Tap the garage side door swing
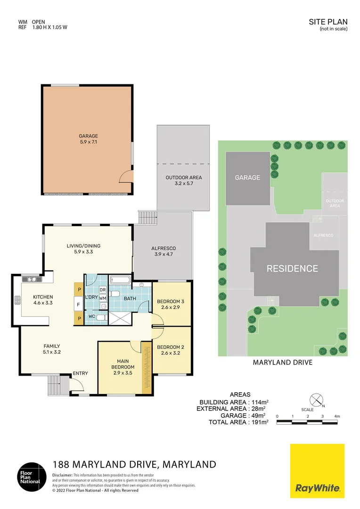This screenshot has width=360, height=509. pyautogui.click(x=126, y=177)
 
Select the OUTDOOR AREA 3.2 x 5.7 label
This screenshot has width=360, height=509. pyautogui.click(x=183, y=181)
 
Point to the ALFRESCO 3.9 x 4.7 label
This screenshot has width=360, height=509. pyautogui.click(x=163, y=251)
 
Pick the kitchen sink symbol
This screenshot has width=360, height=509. pyautogui.click(x=32, y=279)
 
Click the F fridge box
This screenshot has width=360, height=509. pyautogui.click(x=78, y=305)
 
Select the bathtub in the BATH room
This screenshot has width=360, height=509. pyautogui.click(x=121, y=280)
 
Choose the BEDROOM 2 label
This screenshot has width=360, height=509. pyautogui.click(x=171, y=350)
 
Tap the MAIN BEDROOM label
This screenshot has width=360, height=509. pyautogui.click(x=123, y=364)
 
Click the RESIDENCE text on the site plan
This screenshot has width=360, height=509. pyautogui.click(x=292, y=269)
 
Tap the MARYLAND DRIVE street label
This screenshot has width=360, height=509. pyautogui.click(x=283, y=362)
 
